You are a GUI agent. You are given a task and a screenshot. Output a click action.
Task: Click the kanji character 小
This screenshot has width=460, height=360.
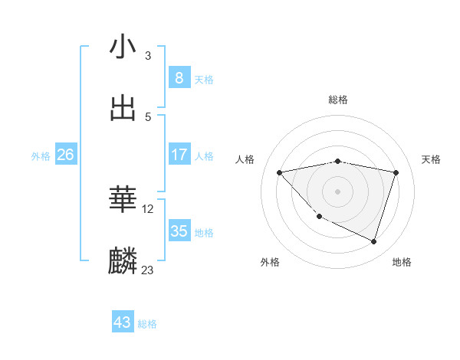123,47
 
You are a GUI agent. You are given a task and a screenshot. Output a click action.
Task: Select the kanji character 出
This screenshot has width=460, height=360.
123,108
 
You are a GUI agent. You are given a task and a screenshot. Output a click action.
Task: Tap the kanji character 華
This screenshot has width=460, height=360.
123,200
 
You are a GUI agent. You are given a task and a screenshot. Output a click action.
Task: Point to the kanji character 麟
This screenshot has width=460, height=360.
123,261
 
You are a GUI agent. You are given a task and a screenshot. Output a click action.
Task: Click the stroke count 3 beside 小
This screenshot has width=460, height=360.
148,55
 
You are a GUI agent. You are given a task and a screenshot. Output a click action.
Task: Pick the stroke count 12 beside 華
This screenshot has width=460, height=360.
148,208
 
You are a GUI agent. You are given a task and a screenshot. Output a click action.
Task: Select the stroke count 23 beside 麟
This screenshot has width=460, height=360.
148,270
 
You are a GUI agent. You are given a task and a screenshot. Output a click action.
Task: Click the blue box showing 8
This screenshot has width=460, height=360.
179,77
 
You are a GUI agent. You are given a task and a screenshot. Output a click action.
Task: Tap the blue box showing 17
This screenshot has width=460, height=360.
179,154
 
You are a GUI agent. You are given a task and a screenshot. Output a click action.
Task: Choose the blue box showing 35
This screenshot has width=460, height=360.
179,231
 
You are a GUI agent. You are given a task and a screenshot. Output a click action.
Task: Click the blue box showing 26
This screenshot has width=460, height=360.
65,155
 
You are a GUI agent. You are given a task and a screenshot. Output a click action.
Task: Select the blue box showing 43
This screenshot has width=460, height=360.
123,322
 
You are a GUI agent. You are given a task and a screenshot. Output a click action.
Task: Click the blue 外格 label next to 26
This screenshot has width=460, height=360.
41,155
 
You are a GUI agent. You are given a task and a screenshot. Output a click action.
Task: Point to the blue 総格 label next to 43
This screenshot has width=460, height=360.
148,324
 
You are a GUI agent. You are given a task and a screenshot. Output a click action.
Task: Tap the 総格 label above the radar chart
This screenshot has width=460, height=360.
337,100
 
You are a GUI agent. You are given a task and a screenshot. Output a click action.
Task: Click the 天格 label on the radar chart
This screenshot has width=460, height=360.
432,159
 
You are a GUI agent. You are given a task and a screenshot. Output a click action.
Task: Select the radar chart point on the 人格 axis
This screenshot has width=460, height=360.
279,172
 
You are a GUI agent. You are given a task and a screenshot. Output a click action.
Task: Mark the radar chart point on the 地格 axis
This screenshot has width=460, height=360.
374,242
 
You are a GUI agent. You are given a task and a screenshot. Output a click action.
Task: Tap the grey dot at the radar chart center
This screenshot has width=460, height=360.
337,191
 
